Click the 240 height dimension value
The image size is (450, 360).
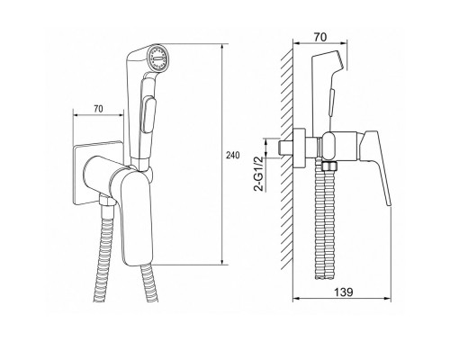coord(233,155)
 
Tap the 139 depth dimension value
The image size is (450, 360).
coord(344,292)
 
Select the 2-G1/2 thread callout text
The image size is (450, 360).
coord(258,174)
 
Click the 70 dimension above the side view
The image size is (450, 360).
coord(320,37)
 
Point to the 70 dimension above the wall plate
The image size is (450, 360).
coord(98,109)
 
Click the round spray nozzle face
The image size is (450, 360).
coord(158,58)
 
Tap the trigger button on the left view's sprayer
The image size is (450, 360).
coord(148,114)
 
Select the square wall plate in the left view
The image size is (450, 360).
coord(97,174)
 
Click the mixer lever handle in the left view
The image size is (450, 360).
coord(137,218)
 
